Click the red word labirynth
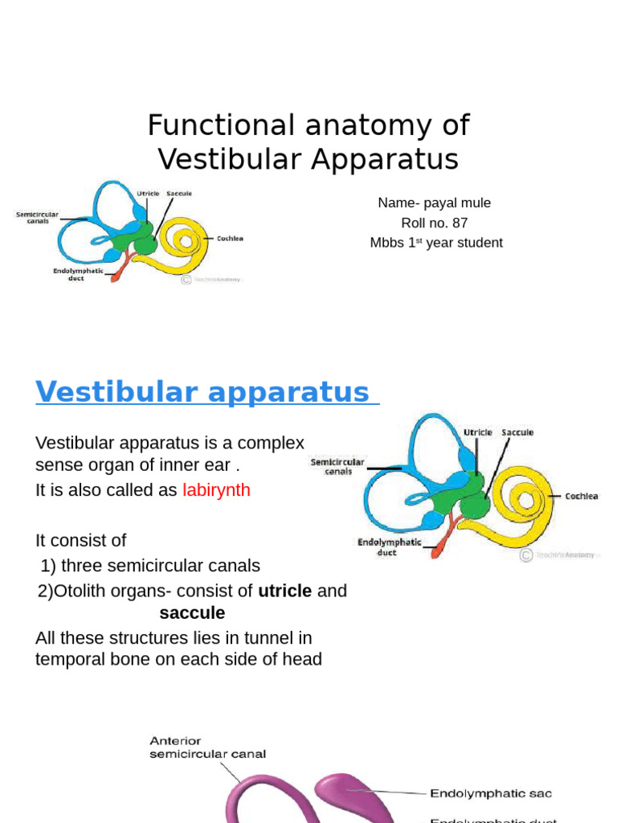(216, 490)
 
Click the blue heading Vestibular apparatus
(202, 392)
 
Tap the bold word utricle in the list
(284, 592)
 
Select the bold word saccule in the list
(192, 614)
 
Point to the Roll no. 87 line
(434, 223)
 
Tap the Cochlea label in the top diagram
(229, 239)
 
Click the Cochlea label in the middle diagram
(581, 496)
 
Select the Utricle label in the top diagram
(147, 194)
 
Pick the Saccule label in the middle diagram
(517, 432)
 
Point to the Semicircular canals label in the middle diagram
(337, 466)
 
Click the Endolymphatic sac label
(491, 794)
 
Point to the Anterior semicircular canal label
(207, 747)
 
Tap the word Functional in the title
(210, 125)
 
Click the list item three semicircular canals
(161, 566)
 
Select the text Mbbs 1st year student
(436, 243)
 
